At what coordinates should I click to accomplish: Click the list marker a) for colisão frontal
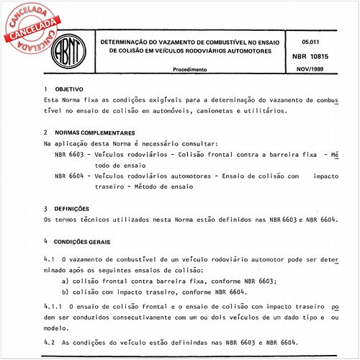[66, 281]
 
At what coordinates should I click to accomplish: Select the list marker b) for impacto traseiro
[66, 292]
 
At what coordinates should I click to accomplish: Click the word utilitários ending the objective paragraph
[262, 112]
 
